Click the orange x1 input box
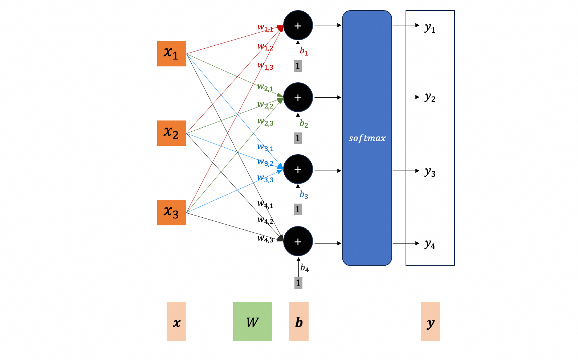(x=171, y=54)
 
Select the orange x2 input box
(x=171, y=133)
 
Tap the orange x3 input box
(x=171, y=213)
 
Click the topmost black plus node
(x=298, y=25)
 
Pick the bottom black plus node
(x=298, y=241)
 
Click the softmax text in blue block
(x=367, y=138)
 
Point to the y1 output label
(x=430, y=28)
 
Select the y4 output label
(x=430, y=244)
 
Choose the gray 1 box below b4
(x=298, y=283)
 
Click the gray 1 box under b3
(x=298, y=209)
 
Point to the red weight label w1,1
(x=265, y=28)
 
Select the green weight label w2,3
(x=265, y=122)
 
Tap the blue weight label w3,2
(x=265, y=162)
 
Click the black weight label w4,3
(x=265, y=238)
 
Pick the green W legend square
(x=252, y=322)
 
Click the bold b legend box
(x=298, y=322)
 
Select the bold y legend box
(x=430, y=322)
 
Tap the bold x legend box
(x=176, y=322)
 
